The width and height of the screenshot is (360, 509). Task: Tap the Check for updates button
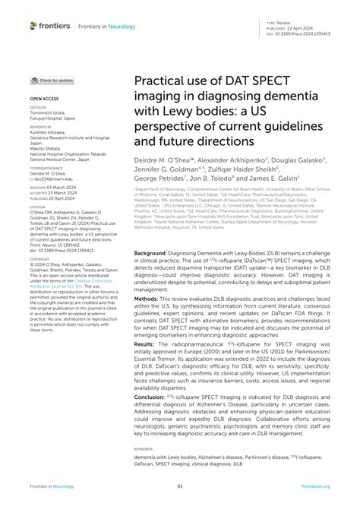53,80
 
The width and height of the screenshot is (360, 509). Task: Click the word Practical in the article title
156,81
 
